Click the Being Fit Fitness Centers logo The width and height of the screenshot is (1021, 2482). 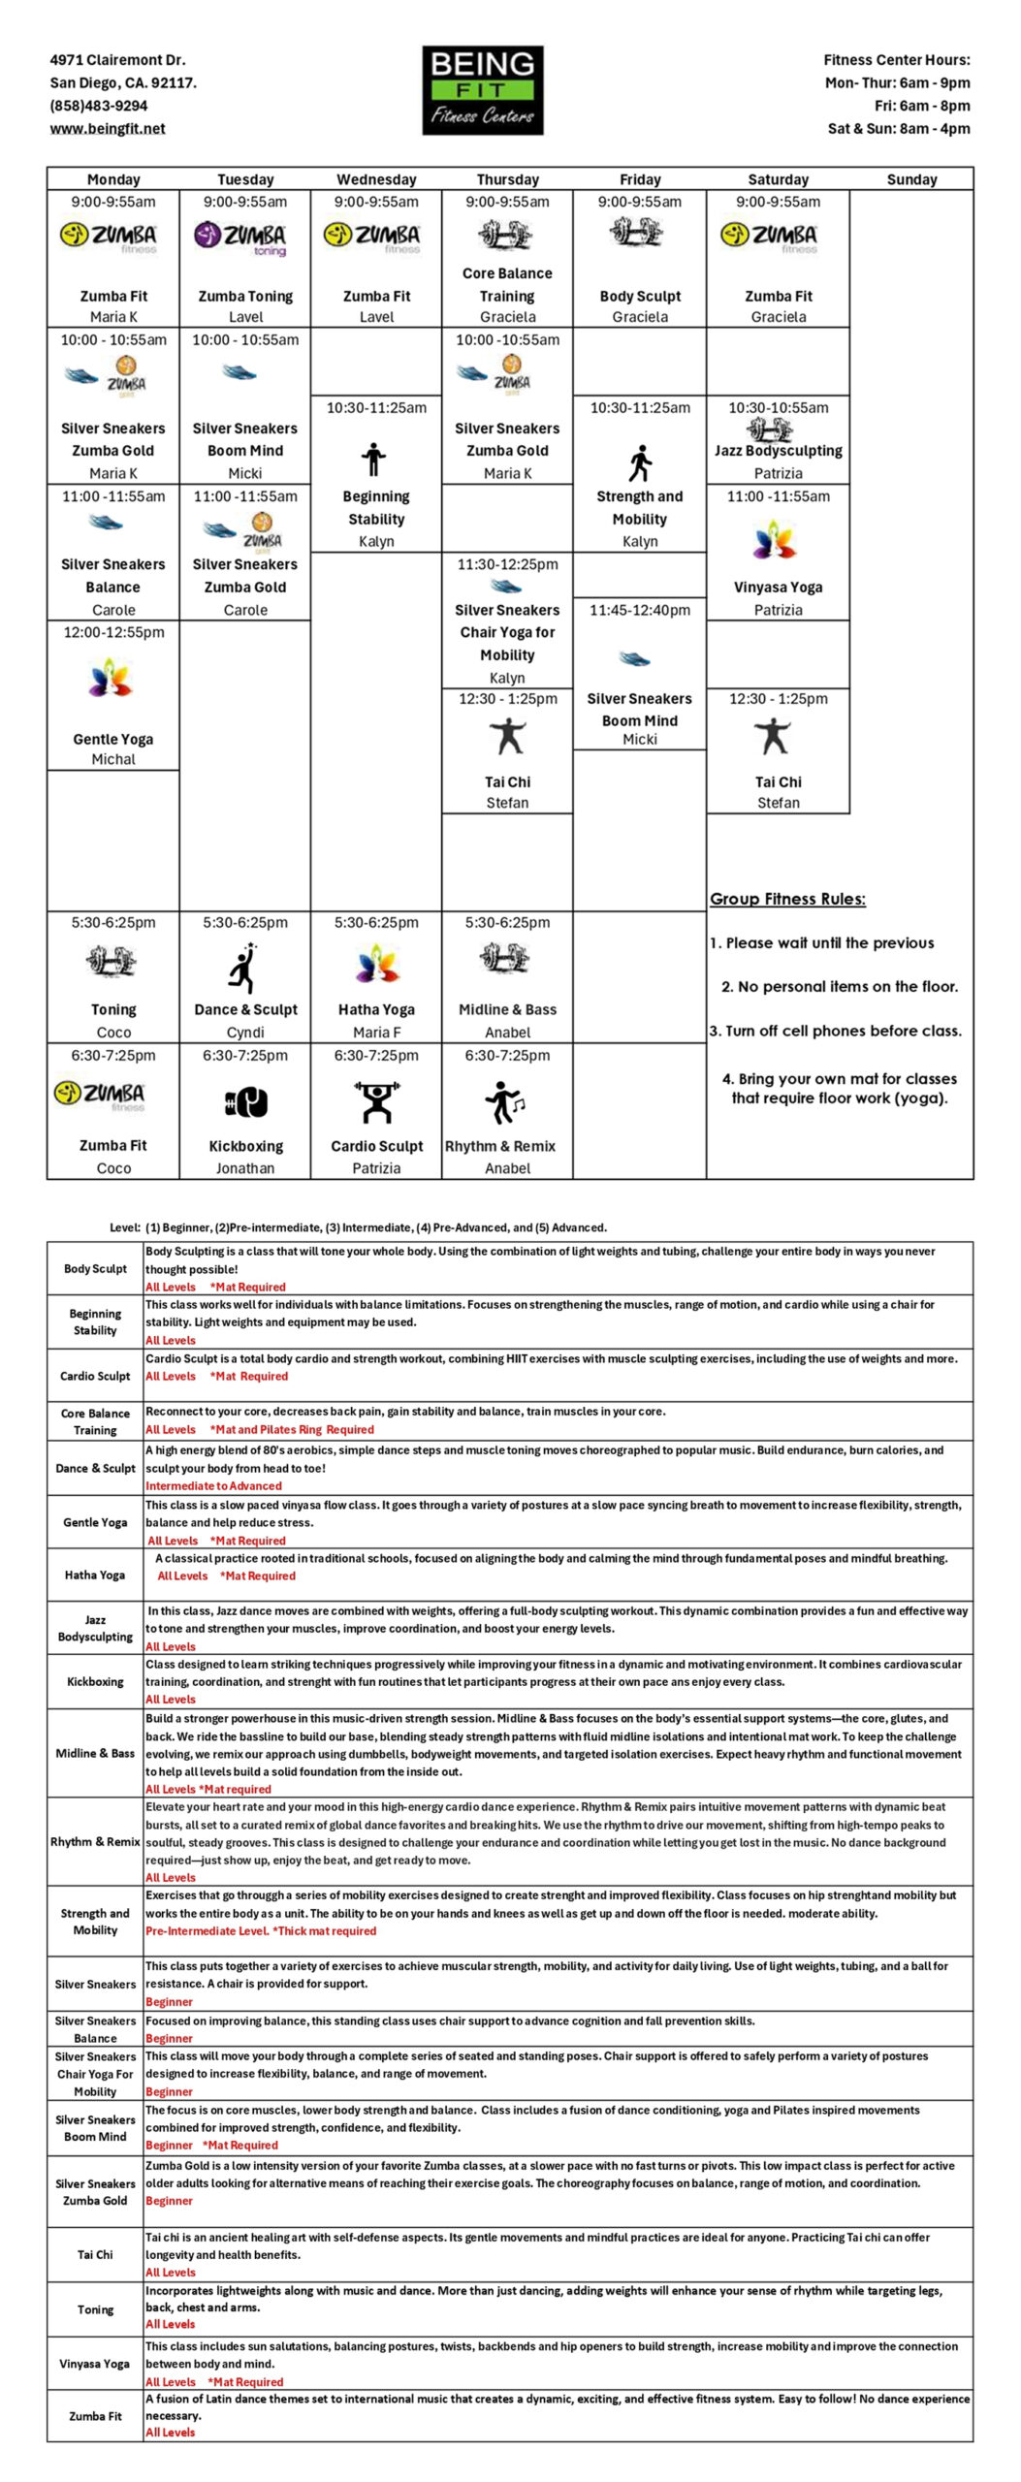[x=482, y=89]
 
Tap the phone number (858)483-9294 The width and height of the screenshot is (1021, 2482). [x=99, y=106]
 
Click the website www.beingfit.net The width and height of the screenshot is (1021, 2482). [x=108, y=128]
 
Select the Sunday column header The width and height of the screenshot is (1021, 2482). [x=910, y=179]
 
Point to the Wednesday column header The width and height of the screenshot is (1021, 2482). [x=376, y=179]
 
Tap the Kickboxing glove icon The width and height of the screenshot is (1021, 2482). [x=245, y=1102]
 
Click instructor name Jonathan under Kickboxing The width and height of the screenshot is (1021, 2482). [x=245, y=1168]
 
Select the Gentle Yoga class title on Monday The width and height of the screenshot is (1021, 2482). [x=113, y=739]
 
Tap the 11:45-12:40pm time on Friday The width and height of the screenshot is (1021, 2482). [x=640, y=610]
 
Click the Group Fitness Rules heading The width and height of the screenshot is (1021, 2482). [x=787, y=899]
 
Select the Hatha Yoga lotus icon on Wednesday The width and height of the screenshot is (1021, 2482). [x=376, y=966]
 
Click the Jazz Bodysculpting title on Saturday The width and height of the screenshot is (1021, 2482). [x=778, y=450]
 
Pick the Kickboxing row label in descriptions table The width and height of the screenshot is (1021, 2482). [x=95, y=1681]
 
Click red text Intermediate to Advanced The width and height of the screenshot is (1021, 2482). [x=213, y=1485]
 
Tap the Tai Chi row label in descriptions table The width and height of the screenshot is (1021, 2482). [x=95, y=2254]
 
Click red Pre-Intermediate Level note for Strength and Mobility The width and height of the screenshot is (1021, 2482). [x=260, y=1930]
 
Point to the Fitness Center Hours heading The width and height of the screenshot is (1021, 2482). [x=896, y=60]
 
